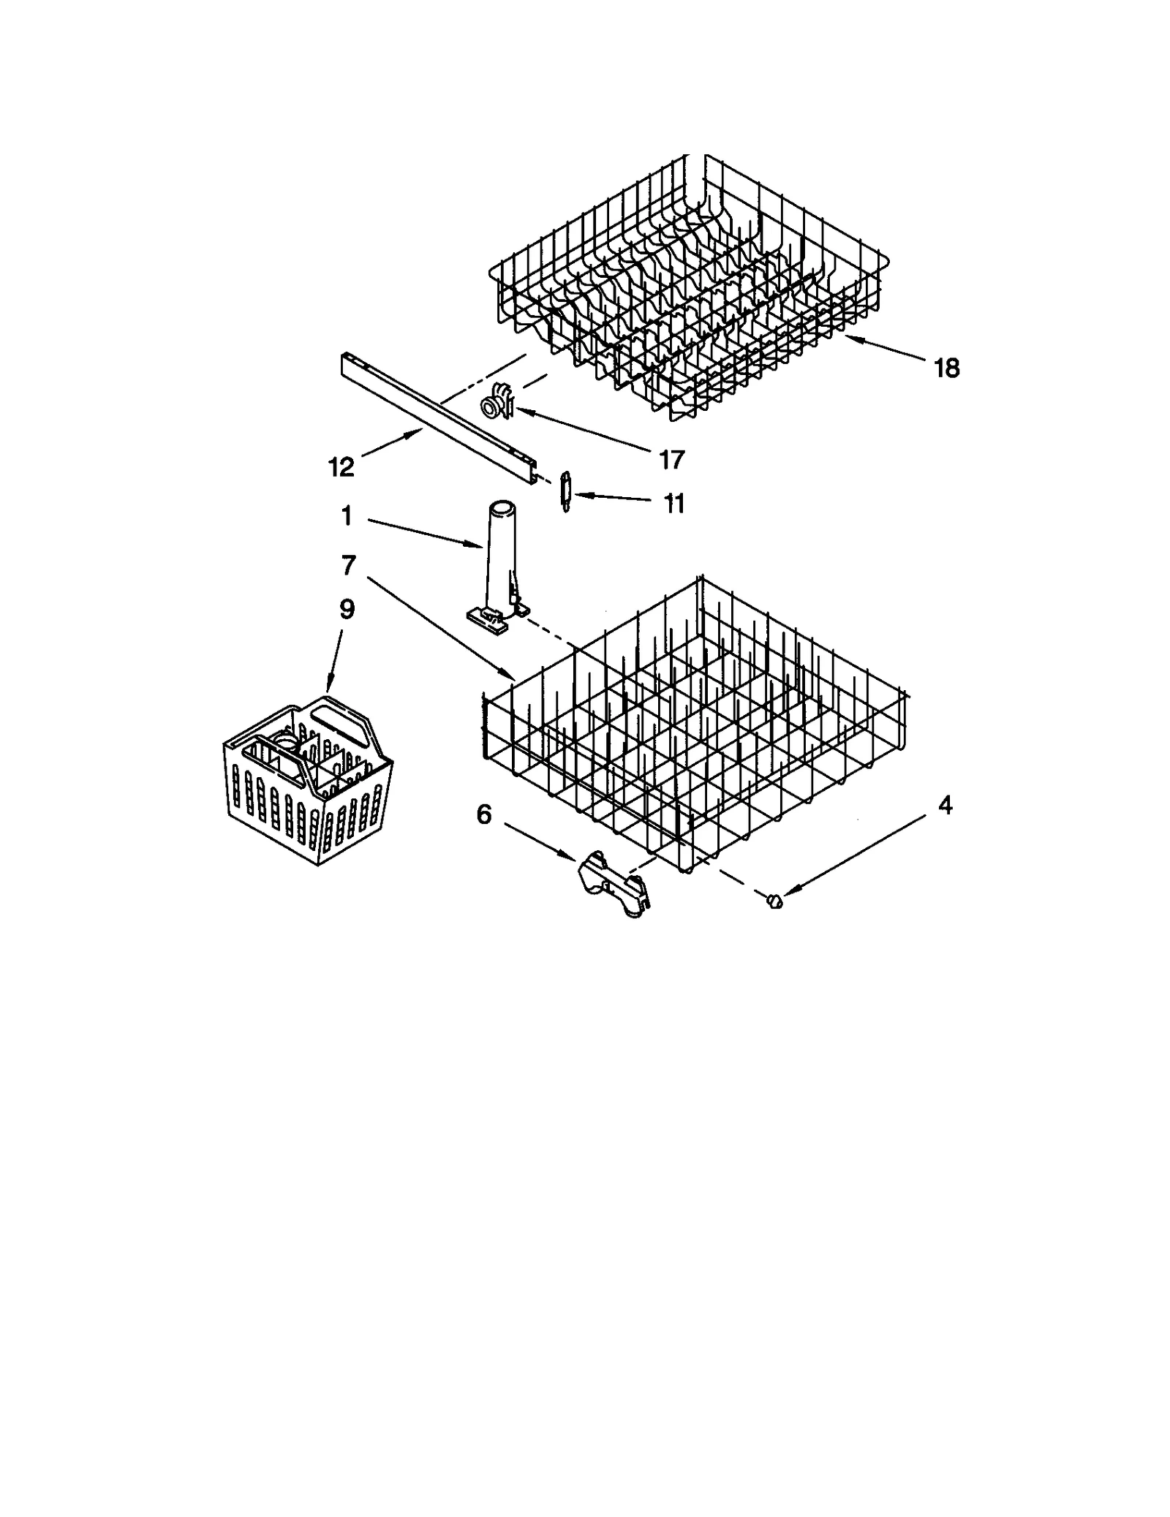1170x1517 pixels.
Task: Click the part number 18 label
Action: point(946,368)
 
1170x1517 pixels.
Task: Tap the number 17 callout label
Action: point(671,460)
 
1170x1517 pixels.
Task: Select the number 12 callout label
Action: point(341,466)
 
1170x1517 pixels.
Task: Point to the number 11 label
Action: point(673,503)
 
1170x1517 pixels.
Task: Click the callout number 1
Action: point(347,517)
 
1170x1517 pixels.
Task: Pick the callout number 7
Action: point(348,564)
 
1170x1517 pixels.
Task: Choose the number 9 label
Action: point(347,609)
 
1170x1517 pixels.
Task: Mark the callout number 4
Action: point(945,806)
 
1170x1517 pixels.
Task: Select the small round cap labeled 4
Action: point(774,901)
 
